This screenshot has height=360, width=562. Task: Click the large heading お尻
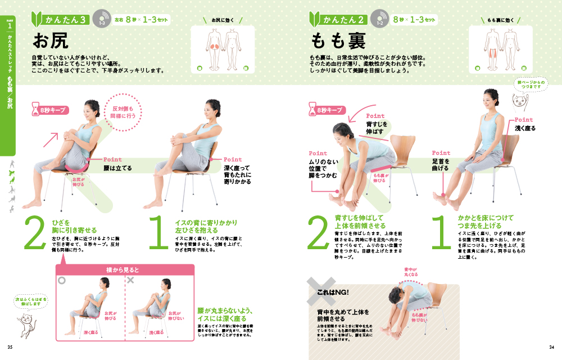tap(51, 40)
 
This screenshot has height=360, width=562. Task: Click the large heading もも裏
tap(338, 41)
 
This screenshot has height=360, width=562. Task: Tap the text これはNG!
tap(333, 292)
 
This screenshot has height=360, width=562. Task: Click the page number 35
tap(10, 346)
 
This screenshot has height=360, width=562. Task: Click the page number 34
tap(551, 346)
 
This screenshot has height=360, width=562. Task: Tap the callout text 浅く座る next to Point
tap(524, 128)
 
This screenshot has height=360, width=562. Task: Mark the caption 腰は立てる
tap(117, 168)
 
